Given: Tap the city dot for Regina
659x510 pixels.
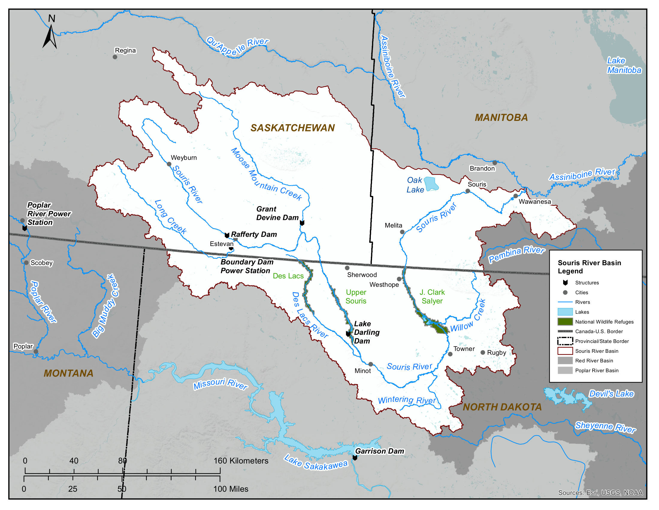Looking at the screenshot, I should click(x=115, y=57).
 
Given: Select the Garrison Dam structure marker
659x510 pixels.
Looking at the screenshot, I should click(x=355, y=458).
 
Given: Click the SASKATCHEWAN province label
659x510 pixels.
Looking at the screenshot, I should click(x=292, y=128).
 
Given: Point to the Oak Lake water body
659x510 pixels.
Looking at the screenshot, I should click(x=430, y=183).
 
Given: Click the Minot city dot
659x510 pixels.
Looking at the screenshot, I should click(x=371, y=364).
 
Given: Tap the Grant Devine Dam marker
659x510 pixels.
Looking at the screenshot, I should click(x=302, y=223).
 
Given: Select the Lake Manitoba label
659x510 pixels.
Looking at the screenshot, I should click(x=623, y=65).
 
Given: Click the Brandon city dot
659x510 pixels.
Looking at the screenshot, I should click(x=495, y=163).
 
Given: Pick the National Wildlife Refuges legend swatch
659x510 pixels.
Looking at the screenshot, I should click(x=565, y=322).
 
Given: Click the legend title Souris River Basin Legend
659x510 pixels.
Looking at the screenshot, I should click(x=589, y=267).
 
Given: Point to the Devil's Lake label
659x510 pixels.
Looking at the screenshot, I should click(x=611, y=394).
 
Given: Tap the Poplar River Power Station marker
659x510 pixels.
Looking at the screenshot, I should click(x=25, y=228).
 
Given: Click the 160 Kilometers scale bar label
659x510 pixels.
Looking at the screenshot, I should click(x=241, y=461).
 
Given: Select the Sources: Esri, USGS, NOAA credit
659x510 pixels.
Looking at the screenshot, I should click(x=600, y=493).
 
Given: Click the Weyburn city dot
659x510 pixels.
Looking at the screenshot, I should click(x=169, y=164).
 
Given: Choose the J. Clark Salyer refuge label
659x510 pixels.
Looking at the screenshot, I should click(x=432, y=296).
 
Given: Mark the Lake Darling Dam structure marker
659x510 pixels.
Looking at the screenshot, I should click(x=348, y=334).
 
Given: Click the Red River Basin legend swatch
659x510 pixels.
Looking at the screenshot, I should click(x=565, y=361).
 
